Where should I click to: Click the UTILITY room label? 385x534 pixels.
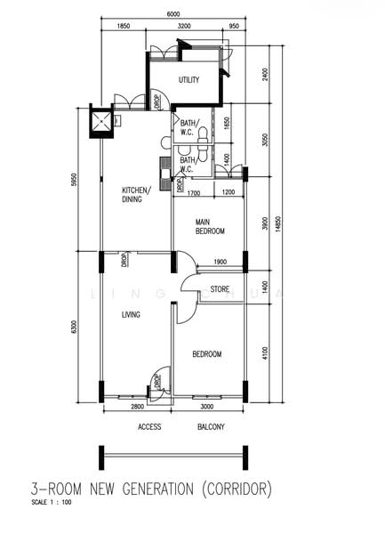[x=188, y=80]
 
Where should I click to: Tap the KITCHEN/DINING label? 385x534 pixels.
[x=136, y=194]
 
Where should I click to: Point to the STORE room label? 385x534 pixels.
[x=220, y=289]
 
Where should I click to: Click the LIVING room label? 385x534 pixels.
[x=132, y=315]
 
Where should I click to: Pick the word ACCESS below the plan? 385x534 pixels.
[x=149, y=427]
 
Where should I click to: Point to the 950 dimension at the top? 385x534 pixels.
[x=233, y=28]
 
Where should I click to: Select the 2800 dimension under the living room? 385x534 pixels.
[x=137, y=406]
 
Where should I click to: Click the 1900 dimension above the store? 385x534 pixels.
[x=221, y=262]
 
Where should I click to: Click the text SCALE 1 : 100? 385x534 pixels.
[x=52, y=503]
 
